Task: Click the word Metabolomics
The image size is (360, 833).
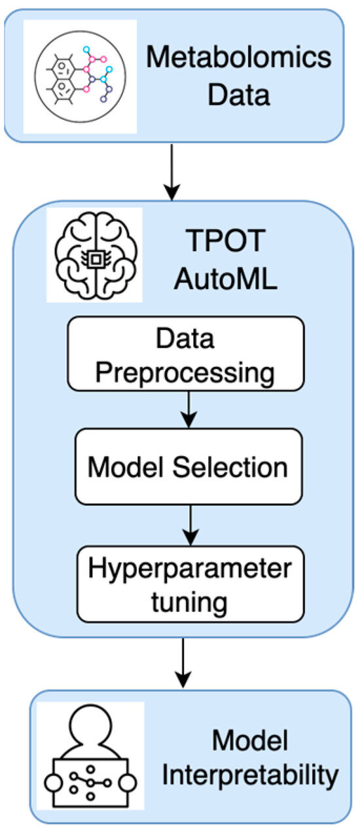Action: point(238,58)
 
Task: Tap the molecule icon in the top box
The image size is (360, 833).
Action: point(80,77)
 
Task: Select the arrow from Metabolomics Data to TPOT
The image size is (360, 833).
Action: point(171,171)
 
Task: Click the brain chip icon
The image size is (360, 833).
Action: point(94,255)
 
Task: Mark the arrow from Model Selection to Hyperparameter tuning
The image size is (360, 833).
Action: point(190,522)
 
